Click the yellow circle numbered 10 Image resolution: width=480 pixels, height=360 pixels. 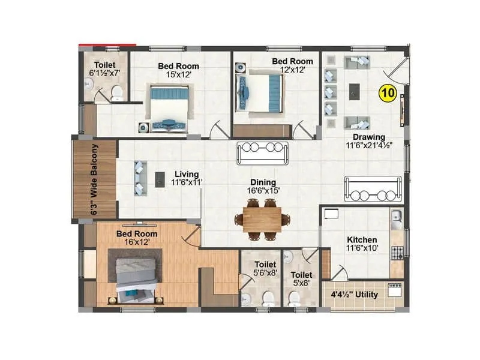[x=387, y=93]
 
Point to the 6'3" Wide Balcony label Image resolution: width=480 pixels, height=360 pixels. [x=94, y=179]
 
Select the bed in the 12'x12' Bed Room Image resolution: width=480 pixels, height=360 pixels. [x=257, y=92]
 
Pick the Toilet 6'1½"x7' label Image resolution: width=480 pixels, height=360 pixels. [x=109, y=70]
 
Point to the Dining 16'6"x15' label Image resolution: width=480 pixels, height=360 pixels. [x=263, y=187]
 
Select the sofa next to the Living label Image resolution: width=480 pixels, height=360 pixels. [x=139, y=178]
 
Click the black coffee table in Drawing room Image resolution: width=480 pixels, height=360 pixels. [x=355, y=91]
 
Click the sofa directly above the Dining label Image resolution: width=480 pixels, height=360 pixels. [x=263, y=152]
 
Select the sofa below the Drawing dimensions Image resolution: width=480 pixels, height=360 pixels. [x=372, y=189]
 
